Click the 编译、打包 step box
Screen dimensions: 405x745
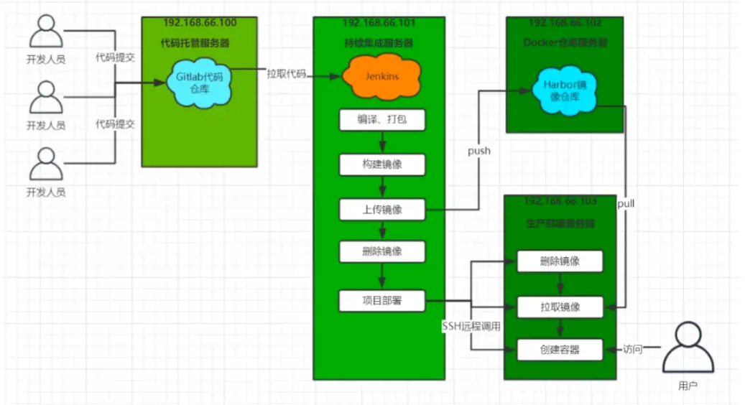(382, 119)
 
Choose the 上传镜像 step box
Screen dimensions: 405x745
(382, 210)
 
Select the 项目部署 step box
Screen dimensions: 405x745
(382, 301)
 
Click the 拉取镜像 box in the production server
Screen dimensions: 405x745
(560, 307)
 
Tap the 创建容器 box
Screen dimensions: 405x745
(560, 350)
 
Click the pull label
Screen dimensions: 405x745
(626, 204)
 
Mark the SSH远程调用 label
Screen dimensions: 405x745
(471, 326)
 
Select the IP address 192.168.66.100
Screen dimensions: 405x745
(200, 22)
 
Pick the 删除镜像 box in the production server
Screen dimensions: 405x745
(560, 261)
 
